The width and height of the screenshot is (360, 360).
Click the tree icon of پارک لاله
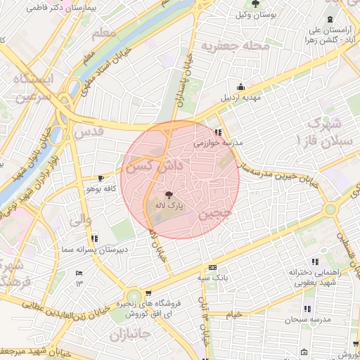pos(169,195)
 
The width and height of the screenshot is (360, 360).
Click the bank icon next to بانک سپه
pos(212,268)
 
